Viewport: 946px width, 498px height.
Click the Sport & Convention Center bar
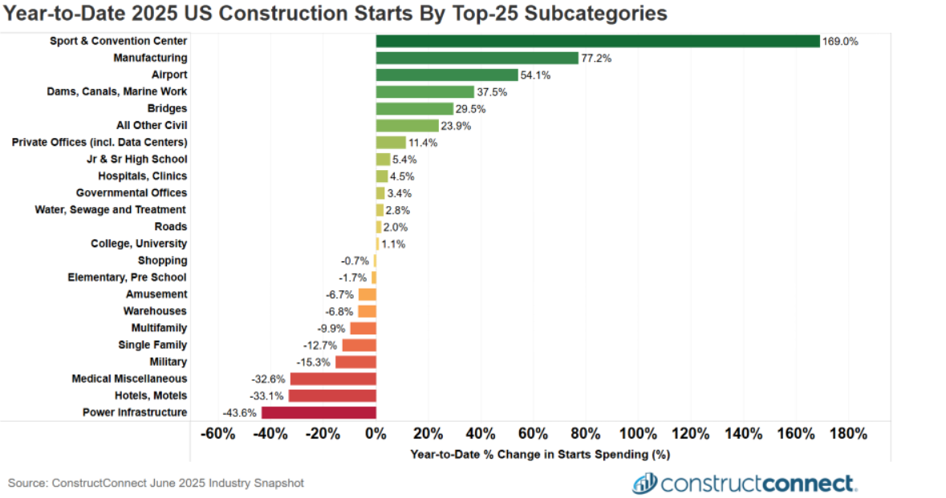click(598, 41)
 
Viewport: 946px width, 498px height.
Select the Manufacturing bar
click(477, 58)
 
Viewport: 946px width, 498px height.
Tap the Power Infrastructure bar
click(319, 412)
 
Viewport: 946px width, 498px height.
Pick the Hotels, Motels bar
click(332, 395)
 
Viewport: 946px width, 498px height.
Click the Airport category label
click(169, 75)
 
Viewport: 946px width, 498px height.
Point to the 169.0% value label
click(840, 41)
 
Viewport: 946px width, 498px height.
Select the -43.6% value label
click(239, 412)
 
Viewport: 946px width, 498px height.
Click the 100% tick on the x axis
click(639, 434)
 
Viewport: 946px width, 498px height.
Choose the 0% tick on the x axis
click(376, 434)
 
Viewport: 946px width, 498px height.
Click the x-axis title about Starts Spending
click(539, 454)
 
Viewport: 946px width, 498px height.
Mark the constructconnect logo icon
click(644, 483)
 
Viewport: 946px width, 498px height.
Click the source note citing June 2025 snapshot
click(156, 483)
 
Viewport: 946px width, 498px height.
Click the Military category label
click(168, 362)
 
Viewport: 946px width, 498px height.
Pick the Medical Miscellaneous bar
click(333, 379)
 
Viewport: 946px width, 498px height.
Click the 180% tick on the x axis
click(848, 434)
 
